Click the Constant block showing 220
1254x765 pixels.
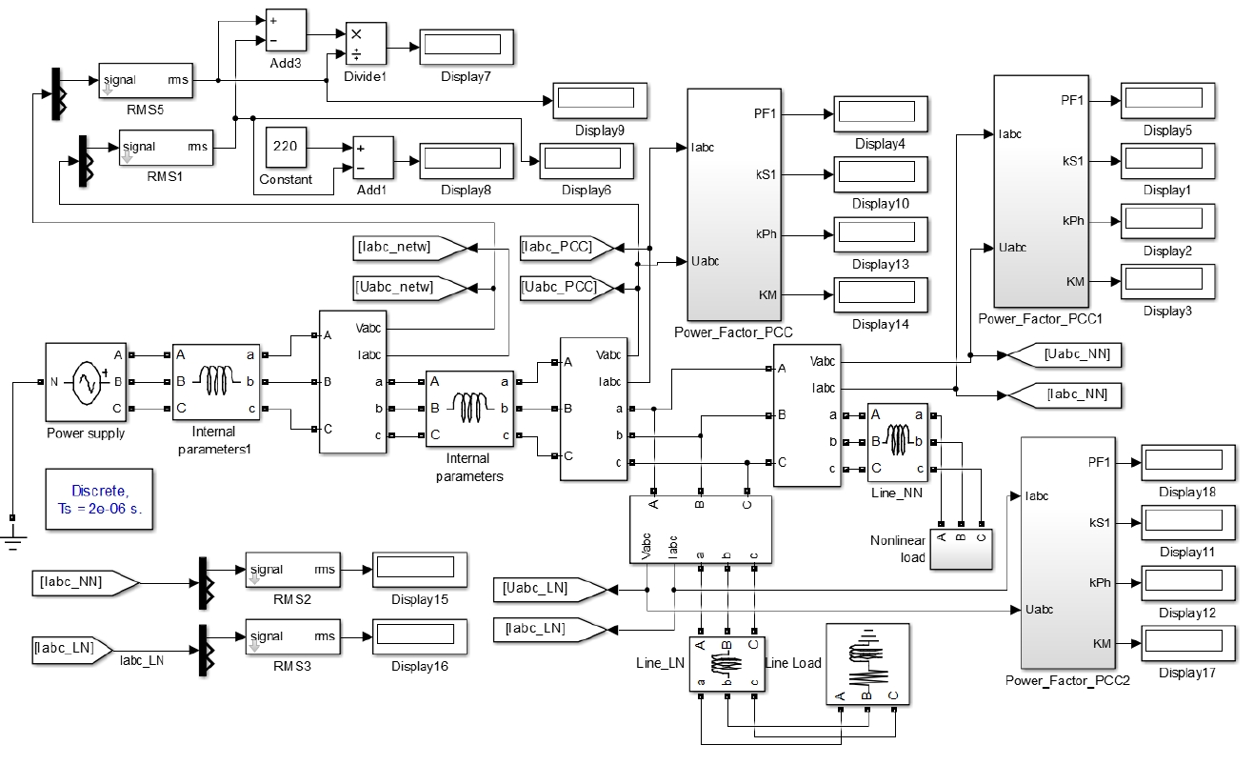pos(285,148)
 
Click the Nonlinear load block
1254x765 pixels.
pos(960,550)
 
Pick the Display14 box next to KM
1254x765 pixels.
pos(880,294)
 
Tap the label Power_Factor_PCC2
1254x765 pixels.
pos(1066,680)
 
